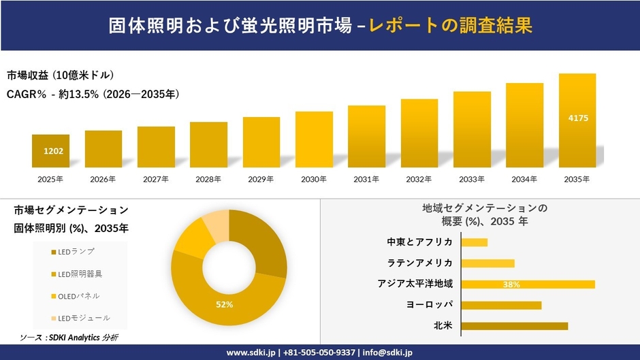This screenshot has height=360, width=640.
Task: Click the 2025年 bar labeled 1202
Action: tap(50, 151)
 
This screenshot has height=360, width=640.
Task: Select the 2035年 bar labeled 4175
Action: tap(577, 120)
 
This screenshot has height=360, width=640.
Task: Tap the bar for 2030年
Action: tap(314, 140)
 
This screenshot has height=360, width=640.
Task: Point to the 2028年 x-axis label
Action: tap(208, 180)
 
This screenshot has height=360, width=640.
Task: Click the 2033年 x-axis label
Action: tap(472, 180)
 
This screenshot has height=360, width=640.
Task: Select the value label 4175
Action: tap(577, 118)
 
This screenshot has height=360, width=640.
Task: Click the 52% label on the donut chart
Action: tap(224, 304)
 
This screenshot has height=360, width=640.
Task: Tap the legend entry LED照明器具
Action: tap(80, 274)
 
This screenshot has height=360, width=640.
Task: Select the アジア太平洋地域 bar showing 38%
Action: tap(528, 284)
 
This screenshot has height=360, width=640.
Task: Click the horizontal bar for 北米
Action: tap(514, 326)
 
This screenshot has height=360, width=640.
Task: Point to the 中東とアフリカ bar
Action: tap(474, 242)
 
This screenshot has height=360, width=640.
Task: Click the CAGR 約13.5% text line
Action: tap(93, 95)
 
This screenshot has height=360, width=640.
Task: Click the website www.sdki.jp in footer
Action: tap(251, 353)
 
